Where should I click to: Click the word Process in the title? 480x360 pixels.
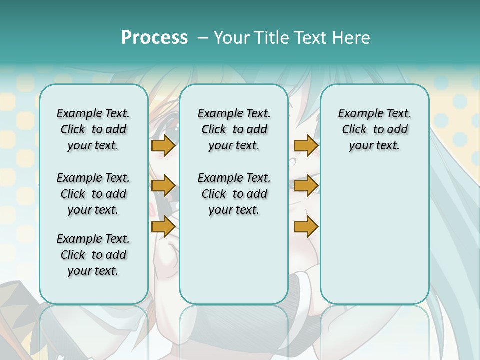pyautogui.click(x=154, y=38)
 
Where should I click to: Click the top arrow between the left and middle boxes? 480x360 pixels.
pyautogui.click(x=163, y=145)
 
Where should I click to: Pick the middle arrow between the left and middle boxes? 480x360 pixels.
pyautogui.click(x=163, y=186)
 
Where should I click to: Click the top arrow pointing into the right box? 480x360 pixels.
pyautogui.click(x=306, y=145)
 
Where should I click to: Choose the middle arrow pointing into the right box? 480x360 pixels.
pyautogui.click(x=306, y=186)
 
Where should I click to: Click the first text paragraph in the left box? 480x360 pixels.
pyautogui.click(x=93, y=129)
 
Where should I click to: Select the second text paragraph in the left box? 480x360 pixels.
pyautogui.click(x=93, y=194)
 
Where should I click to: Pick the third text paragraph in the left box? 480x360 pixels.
pyautogui.click(x=93, y=255)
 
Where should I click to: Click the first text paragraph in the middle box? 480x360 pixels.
pyautogui.click(x=234, y=129)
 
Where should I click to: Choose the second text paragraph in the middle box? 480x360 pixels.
pyautogui.click(x=234, y=194)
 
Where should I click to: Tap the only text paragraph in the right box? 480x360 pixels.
pyautogui.click(x=375, y=129)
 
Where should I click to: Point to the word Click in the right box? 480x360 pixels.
pyautogui.click(x=354, y=130)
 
